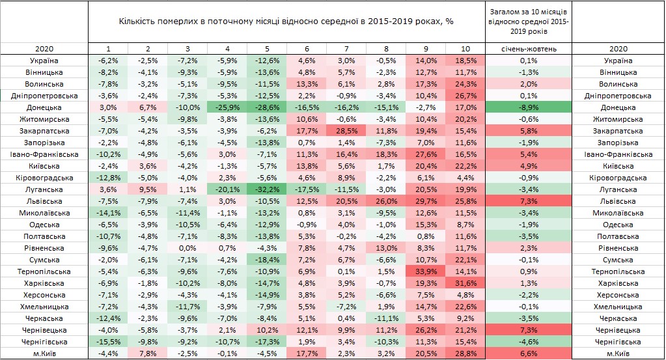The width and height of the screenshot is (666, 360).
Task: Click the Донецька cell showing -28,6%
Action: [x=266, y=107]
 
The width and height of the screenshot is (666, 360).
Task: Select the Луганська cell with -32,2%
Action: [x=266, y=189]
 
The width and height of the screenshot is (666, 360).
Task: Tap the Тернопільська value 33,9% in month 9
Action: [x=425, y=271]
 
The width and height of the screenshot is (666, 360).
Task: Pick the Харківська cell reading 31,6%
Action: [x=465, y=283]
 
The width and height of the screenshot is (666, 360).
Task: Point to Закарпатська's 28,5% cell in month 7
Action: [x=346, y=131]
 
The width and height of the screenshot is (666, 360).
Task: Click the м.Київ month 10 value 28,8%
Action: [x=465, y=353]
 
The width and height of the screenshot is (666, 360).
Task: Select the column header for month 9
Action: [x=425, y=49]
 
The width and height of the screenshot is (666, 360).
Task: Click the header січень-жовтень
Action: [x=528, y=49]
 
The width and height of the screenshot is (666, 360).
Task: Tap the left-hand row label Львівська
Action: [x=44, y=201]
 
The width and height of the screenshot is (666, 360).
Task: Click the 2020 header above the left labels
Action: [x=44, y=49]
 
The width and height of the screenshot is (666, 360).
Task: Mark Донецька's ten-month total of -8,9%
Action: [x=528, y=107]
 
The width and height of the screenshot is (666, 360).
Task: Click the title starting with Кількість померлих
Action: [x=286, y=21]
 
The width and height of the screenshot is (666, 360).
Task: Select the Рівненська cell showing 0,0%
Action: [x=187, y=248]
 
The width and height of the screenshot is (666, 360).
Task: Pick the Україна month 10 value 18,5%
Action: [x=465, y=61]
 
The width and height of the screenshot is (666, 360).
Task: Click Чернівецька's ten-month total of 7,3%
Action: [x=528, y=330]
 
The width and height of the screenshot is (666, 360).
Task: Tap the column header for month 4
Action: [x=227, y=49]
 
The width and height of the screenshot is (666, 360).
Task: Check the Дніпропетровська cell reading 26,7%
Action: [x=465, y=96]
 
